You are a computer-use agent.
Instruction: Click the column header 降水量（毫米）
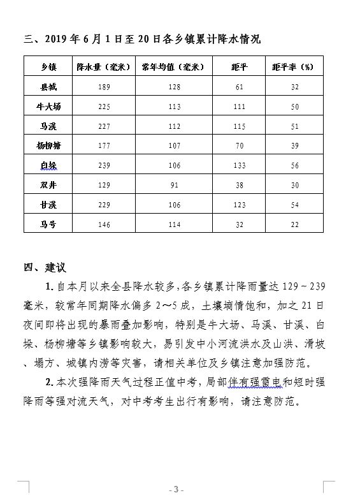(104, 67)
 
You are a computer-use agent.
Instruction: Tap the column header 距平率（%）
(295, 67)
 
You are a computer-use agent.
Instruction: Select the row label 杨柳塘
(48, 146)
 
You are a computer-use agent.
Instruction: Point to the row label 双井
(48, 186)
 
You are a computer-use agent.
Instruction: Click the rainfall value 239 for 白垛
(104, 166)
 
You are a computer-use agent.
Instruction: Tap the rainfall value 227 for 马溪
(104, 126)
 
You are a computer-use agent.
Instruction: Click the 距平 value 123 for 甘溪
(240, 205)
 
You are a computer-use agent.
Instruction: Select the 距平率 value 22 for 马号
(295, 224)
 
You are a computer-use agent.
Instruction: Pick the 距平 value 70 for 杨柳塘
(240, 146)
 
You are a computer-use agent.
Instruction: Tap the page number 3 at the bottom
(175, 489)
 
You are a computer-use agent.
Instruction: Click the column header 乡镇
(48, 67)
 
